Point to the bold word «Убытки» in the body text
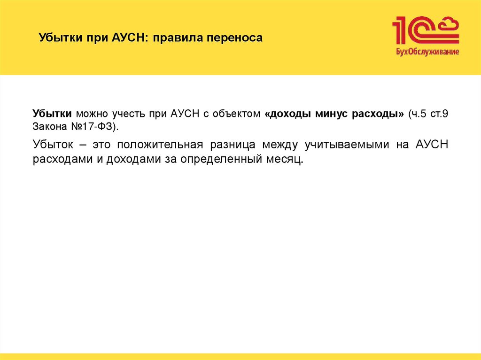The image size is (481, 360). coord(52,114)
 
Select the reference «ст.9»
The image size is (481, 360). coord(440,114)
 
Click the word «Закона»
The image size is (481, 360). coord(48,126)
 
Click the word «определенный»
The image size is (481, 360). coord(224,160)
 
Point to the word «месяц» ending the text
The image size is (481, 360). coord(284,160)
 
